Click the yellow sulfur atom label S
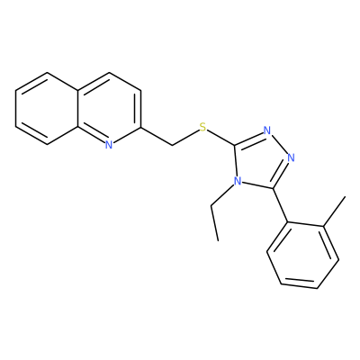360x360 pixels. click(203, 128)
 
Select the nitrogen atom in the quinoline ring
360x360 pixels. click(109, 145)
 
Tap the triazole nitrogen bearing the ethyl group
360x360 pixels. click(238, 181)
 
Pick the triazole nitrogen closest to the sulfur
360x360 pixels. click(267, 130)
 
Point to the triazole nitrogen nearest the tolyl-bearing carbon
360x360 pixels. click(291, 157)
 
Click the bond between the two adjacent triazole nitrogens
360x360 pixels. click(279, 144)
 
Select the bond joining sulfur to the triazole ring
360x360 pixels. click(220, 137)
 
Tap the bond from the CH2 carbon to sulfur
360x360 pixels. click(185, 138)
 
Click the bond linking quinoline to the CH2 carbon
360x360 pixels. click(157, 137)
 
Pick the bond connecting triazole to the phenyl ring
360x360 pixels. click(281, 205)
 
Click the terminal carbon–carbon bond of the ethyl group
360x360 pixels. click(214, 223)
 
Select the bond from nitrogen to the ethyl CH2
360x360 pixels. click(222, 195)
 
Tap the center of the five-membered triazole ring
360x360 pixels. click(260, 160)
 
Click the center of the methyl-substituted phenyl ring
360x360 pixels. click(303, 255)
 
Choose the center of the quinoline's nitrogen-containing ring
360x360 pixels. click(109, 109)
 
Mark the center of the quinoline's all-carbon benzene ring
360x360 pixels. click(47, 109)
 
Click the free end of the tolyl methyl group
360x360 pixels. click(346, 196)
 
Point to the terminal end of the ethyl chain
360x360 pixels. click(218, 240)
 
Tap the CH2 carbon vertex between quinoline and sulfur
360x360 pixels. click(172, 146)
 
